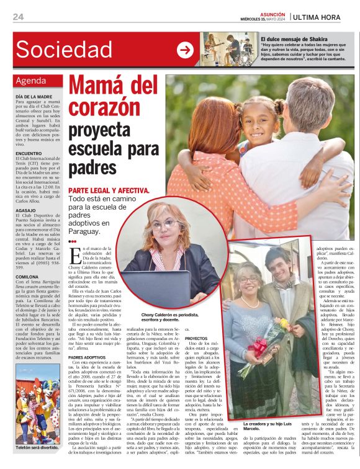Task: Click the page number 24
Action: pos(18,17)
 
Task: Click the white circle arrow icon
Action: pos(185,50)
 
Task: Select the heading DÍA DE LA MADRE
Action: pos(34,97)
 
